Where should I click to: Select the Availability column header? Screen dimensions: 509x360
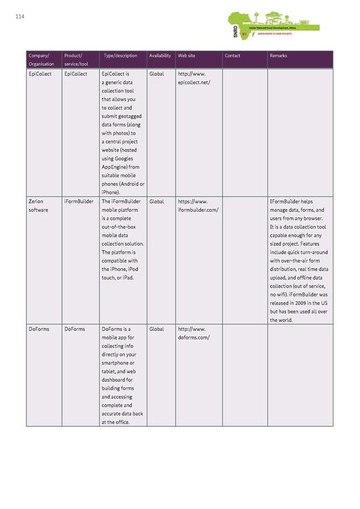tap(160, 55)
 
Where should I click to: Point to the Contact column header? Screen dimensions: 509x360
tap(232, 55)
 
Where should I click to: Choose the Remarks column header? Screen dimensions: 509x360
tap(278, 55)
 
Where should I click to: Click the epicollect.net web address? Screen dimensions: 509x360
tap(194, 78)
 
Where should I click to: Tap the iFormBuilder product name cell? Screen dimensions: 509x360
tap(79, 202)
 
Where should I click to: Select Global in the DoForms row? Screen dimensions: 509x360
tap(157, 329)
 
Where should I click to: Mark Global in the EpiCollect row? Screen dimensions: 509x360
tap(157, 73)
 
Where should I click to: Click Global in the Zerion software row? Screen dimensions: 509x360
tap(157, 202)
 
